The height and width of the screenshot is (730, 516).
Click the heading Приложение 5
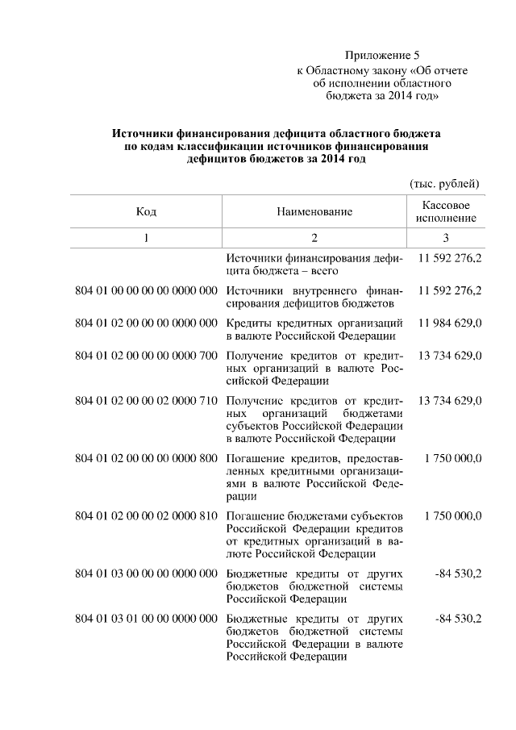(383, 56)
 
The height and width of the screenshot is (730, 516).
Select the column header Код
(146, 211)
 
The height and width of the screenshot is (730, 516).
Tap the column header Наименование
(314, 211)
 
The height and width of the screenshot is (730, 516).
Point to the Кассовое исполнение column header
(446, 211)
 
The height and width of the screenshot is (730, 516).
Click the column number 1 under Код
(146, 238)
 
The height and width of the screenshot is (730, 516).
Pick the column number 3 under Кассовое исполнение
(446, 238)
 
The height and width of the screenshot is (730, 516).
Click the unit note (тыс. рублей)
(445, 184)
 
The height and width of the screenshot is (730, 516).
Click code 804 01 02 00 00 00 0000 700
(146, 355)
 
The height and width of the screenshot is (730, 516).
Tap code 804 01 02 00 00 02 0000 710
(146, 401)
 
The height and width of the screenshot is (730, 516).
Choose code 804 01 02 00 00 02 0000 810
(146, 515)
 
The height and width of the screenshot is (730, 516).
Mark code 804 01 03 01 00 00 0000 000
(146, 618)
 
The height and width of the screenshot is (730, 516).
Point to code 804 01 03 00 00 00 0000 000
(146, 574)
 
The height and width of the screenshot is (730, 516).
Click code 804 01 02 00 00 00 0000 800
(146, 458)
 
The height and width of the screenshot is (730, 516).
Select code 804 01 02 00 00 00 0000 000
(146, 323)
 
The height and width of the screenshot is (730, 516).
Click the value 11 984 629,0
(450, 323)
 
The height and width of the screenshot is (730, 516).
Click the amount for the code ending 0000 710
(450, 401)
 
